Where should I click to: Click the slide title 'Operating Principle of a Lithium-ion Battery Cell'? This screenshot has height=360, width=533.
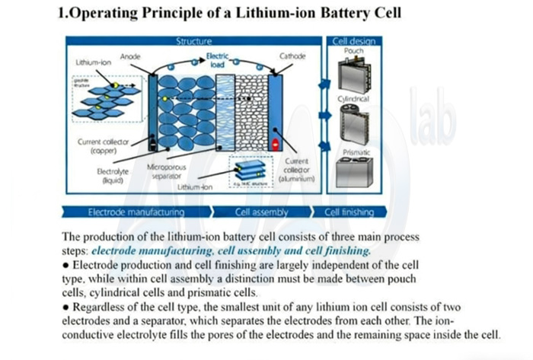[229, 14]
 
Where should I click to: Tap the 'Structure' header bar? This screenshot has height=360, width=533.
[194, 41]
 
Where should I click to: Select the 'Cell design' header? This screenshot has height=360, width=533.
[353, 41]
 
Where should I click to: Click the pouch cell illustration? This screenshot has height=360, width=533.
[353, 73]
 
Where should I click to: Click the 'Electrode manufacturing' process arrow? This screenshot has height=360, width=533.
[136, 212]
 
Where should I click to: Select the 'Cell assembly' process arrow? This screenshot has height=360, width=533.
[261, 212]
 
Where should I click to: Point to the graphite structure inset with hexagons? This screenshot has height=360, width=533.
[107, 98]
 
